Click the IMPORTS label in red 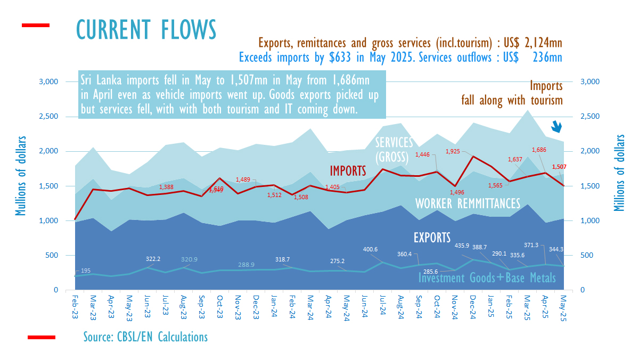(348, 170)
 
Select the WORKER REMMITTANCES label (468, 203)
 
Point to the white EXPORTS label (432, 238)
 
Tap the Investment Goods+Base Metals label (487, 278)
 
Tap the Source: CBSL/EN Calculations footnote (145, 337)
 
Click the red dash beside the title (35, 25)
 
